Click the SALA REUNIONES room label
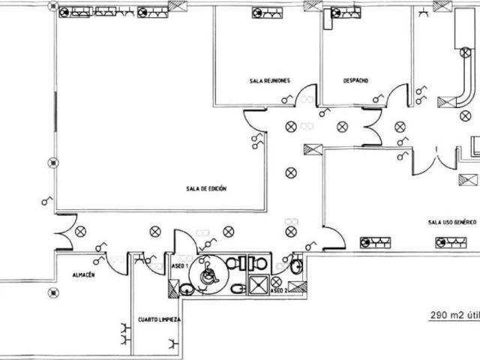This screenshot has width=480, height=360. tap(270, 81)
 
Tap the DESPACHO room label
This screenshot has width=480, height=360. tap(355, 80)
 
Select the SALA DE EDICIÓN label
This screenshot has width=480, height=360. tap(206, 188)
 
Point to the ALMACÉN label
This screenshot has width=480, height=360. tap(83, 275)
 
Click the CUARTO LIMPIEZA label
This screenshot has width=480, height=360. tap(159, 319)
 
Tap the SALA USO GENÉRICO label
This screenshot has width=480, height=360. tap(452, 222)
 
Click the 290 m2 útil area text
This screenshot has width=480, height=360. tap(455, 315)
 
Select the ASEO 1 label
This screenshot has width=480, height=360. tap(180, 266)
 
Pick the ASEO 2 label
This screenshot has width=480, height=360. tap(278, 290)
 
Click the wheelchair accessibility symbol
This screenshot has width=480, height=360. tap(208, 274)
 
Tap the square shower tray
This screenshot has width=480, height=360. tap(258, 285)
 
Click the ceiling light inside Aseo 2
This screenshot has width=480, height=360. tap(276, 282)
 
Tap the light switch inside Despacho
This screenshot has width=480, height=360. tap(378, 98)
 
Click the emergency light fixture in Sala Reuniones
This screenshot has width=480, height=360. tap(267, 13)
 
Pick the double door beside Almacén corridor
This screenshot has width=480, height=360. tap(65, 232)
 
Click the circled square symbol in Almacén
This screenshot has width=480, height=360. tap(53, 293)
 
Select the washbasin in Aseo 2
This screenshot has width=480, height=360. tap(296, 267)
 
